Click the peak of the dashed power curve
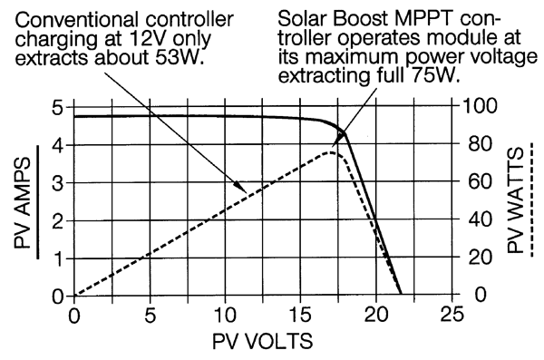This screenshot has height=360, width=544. pos(332,151)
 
